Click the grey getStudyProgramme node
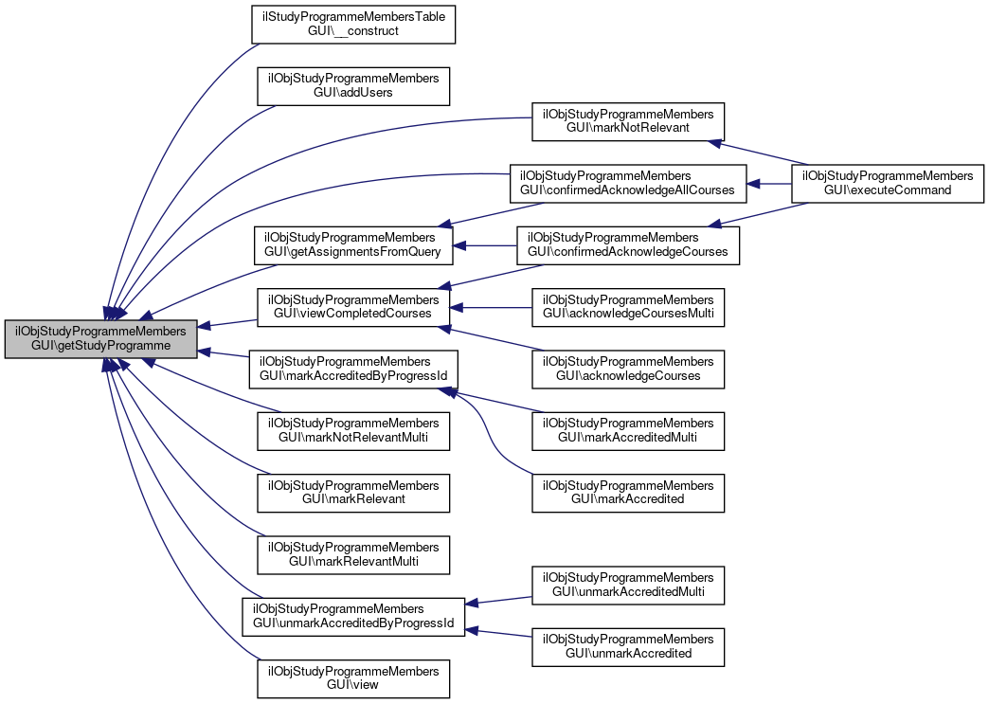[101, 338]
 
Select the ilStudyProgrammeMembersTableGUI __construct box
[353, 24]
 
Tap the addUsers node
[353, 85]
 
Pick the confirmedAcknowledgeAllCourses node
[627, 182]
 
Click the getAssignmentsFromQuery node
[353, 244]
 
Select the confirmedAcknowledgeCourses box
[627, 244]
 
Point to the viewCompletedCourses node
[353, 306]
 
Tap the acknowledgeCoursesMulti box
[627, 306]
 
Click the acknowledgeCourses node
[627, 368]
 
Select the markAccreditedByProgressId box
[353, 368]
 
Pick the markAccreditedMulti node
[627, 430]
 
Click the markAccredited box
[627, 492]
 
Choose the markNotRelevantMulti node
[353, 430]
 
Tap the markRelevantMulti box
[353, 554]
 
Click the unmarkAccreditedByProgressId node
[353, 616]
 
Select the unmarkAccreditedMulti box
[627, 585]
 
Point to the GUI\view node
[353, 677]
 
